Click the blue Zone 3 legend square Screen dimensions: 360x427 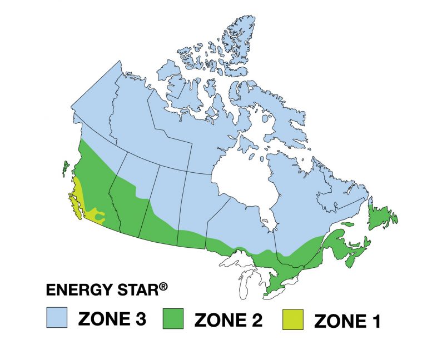(57, 318)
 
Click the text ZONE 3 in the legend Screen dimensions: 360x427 (112, 319)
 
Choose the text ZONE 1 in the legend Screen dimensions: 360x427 (347, 322)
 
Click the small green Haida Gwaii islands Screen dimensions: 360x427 (64, 167)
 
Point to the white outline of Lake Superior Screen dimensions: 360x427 (236, 259)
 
